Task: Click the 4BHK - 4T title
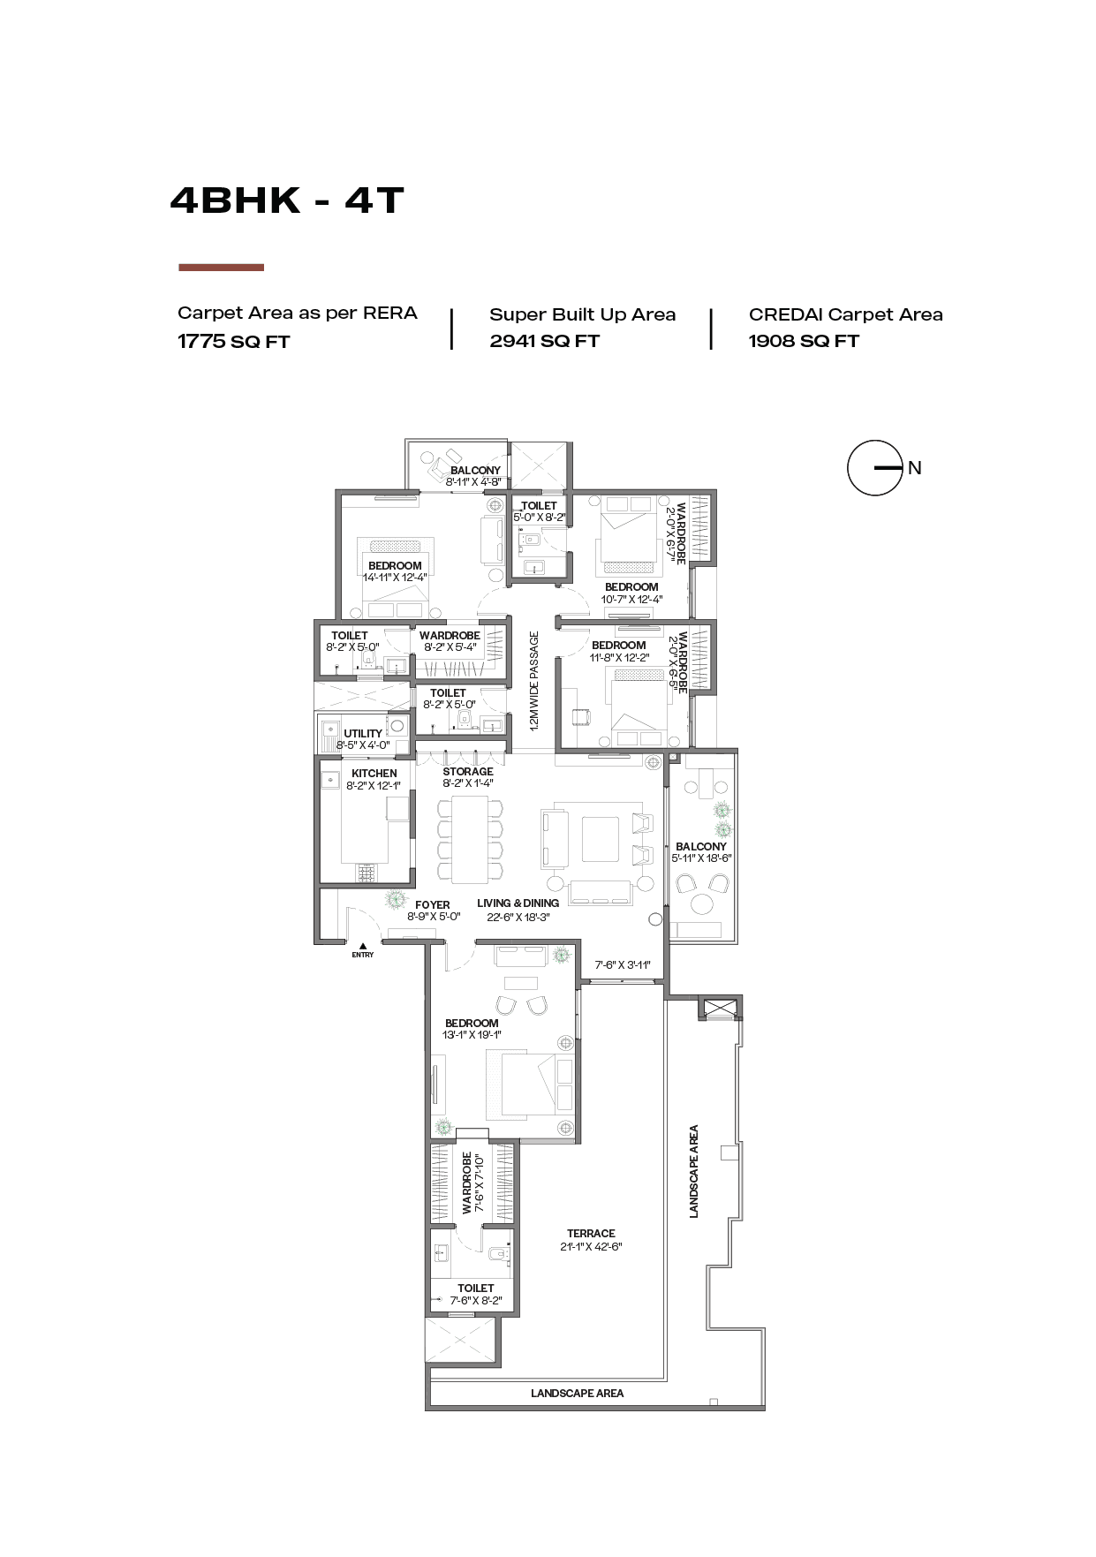click(287, 200)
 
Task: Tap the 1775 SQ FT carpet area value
click(233, 342)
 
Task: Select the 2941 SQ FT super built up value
click(544, 341)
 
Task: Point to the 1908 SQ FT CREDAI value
click(803, 341)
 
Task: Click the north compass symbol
click(875, 468)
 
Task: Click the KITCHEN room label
click(374, 774)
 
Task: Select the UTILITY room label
click(363, 734)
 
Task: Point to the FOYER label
click(433, 905)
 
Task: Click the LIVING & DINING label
click(518, 903)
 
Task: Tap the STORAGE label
click(468, 772)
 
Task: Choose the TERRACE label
click(591, 1234)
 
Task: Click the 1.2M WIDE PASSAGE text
click(533, 681)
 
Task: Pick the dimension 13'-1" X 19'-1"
click(472, 1035)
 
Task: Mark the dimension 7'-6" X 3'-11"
click(623, 965)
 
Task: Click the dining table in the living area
click(470, 840)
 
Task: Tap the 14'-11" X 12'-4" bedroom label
click(395, 578)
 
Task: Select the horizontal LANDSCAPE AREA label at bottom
click(577, 1394)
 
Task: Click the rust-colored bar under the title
click(221, 267)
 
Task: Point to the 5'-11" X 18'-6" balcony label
click(701, 858)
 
